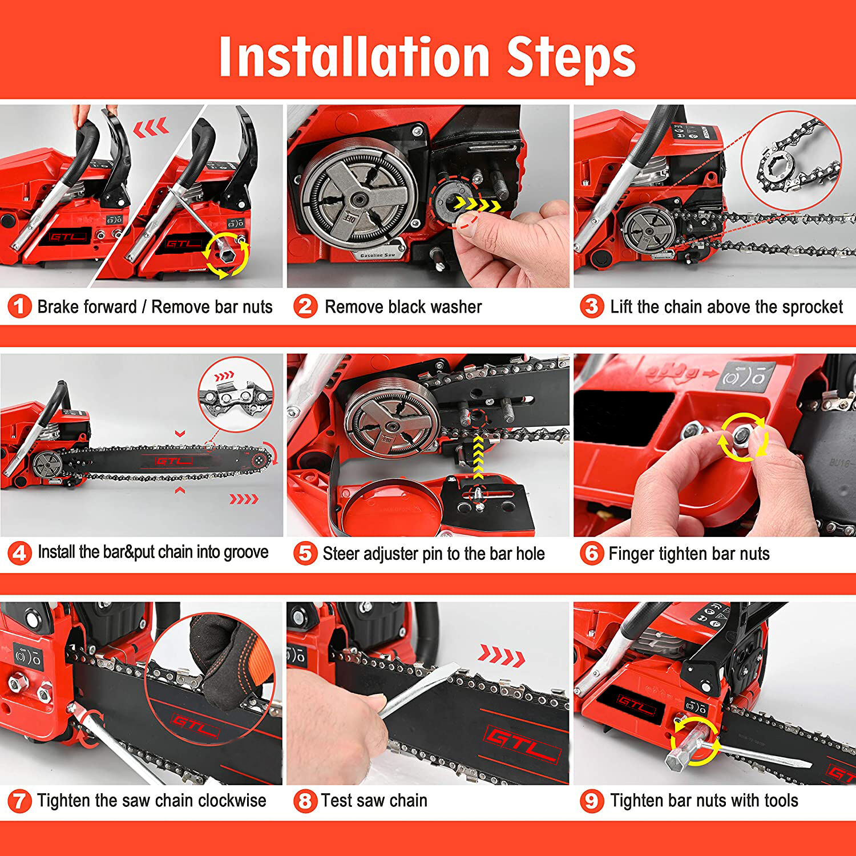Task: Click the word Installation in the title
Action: pyautogui.click(x=354, y=56)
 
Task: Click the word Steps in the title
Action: pyautogui.click(x=571, y=56)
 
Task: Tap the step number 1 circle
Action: pyautogui.click(x=19, y=307)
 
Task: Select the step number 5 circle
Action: pyautogui.click(x=305, y=554)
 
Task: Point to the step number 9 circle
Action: pyautogui.click(x=592, y=801)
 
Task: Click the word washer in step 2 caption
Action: pyautogui.click(x=455, y=307)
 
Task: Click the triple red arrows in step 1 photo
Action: pyautogui.click(x=151, y=127)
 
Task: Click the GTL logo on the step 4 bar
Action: pyautogui.click(x=174, y=461)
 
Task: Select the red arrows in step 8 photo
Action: pyautogui.click(x=502, y=656)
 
